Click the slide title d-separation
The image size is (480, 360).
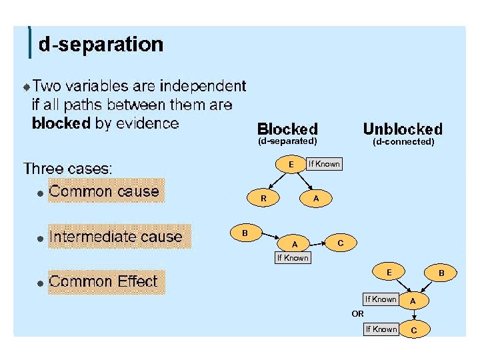101,45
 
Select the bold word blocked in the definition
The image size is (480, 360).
61,123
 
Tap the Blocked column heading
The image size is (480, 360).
287,129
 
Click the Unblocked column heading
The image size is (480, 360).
402,129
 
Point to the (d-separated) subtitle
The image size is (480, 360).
287,141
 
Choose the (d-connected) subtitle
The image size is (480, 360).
403,141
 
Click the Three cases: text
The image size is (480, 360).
68,168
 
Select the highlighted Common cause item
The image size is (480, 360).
104,191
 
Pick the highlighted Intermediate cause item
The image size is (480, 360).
115,237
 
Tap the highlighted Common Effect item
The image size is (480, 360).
103,282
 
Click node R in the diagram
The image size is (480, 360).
264,198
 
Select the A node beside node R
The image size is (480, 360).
316,198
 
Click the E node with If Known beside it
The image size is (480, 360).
291,164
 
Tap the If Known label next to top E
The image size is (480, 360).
323,164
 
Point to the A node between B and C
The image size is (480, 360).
295,243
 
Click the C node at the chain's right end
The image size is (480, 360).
340,243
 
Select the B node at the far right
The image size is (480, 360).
441,273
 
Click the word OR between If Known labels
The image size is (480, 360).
358,313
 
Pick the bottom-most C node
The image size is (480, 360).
415,330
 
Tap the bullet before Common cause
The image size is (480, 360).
40,193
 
